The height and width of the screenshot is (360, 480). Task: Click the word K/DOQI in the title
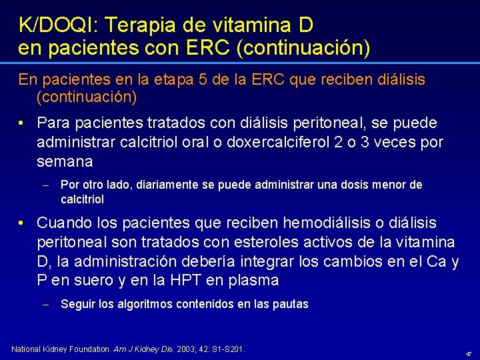tap(55, 26)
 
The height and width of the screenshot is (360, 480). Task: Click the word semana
tap(65, 161)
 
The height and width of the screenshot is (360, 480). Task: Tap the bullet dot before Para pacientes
tap(23, 123)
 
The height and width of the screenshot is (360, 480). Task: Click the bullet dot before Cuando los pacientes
tap(23, 222)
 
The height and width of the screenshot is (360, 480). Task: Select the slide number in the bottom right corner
tap(469, 354)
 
